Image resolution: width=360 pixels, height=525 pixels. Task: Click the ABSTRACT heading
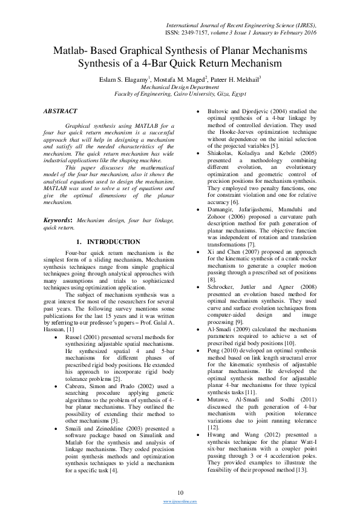click(x=61, y=111)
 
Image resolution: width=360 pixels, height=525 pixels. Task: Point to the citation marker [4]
click(x=113, y=470)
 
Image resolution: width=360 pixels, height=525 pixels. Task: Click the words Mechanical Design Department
click(x=180, y=87)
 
